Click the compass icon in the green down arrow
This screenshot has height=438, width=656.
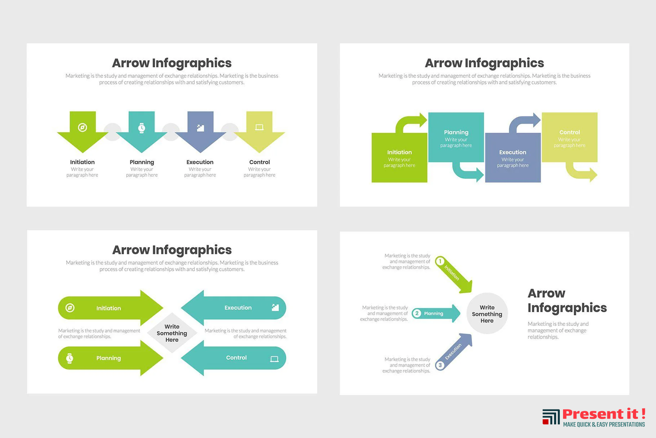[83, 127]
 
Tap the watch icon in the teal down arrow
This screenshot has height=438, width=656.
[142, 128]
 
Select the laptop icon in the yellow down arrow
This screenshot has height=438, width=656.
[259, 127]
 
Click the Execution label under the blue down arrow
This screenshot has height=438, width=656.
[200, 162]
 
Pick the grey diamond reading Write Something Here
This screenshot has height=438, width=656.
[172, 333]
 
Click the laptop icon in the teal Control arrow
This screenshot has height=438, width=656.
[274, 359]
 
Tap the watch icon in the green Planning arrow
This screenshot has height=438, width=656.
[69, 358]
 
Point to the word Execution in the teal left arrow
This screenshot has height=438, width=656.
[238, 308]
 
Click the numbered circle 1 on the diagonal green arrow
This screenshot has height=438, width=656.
[440, 261]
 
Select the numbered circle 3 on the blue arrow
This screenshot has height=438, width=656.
[440, 365]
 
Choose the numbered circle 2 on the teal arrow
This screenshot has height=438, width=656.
[417, 313]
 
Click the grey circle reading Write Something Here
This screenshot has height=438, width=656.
[487, 314]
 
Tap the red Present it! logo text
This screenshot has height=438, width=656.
[603, 414]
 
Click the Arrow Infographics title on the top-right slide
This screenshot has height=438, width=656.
[484, 63]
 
